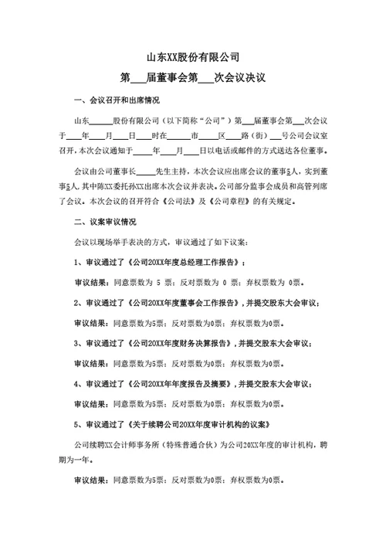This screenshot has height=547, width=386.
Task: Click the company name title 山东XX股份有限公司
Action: coord(193,56)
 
